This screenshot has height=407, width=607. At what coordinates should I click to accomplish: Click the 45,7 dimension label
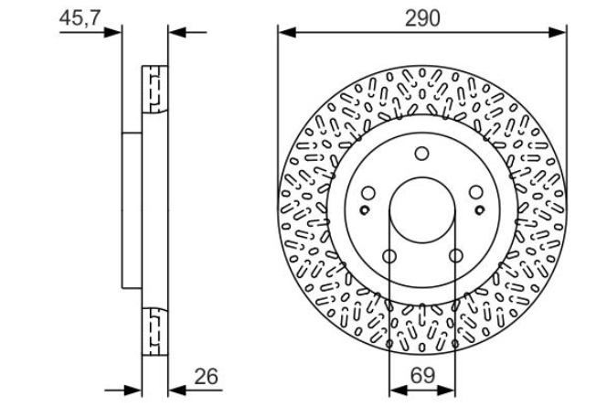80,18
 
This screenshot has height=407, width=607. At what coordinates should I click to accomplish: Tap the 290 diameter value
422,18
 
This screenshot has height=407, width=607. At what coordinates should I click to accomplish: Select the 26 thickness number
207,377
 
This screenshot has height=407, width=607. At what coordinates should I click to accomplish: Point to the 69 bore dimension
422,376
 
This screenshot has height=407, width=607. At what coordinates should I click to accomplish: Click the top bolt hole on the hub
422,154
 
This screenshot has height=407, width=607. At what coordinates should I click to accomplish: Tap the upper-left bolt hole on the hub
368,193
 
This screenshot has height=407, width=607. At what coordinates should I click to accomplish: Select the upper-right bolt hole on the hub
475,192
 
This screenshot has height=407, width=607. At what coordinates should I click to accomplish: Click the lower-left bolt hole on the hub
389,256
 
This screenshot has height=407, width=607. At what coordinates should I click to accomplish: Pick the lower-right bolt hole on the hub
455,255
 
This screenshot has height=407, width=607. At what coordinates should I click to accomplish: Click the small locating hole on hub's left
364,210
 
